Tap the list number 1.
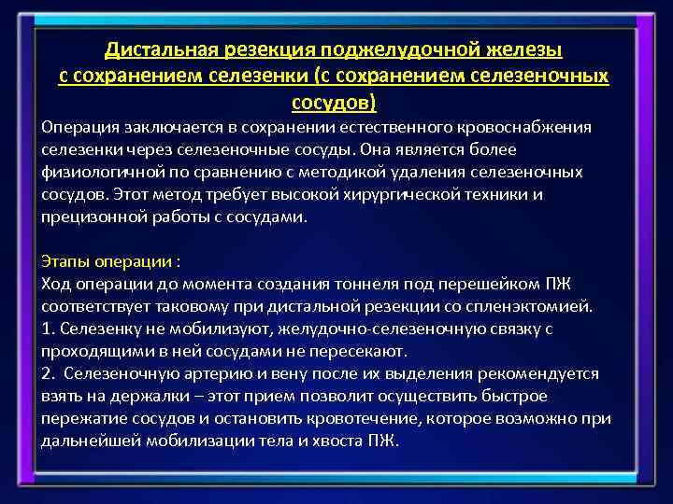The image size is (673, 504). (47, 328)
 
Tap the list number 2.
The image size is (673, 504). (47, 372)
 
